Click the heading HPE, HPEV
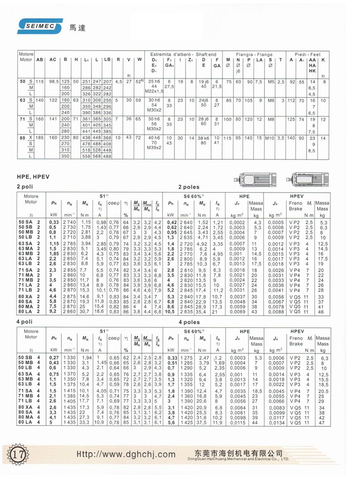pyautogui.click(x=35, y=177)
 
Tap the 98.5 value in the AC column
pyautogui.click(x=53, y=81)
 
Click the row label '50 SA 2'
pyautogui.click(x=29, y=222)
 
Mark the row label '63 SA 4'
pyautogui.click(x=29, y=374)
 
